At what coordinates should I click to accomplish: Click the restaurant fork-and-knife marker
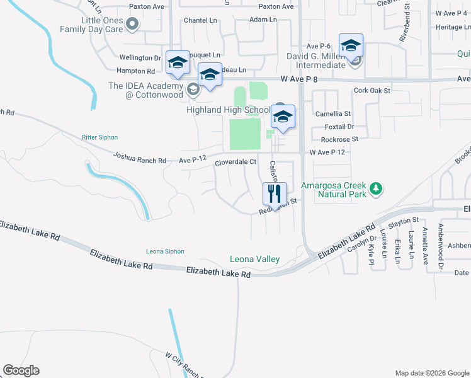(274, 193)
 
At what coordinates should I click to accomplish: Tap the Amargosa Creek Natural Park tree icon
(376, 188)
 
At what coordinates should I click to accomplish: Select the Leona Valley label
(254, 259)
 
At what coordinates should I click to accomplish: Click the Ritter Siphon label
(99, 137)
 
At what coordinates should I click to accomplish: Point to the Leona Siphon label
(165, 251)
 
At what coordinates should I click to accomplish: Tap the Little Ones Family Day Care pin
(132, 25)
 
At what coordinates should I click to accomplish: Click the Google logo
(21, 370)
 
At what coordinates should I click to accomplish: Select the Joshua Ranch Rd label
(139, 157)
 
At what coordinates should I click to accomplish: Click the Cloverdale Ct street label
(235, 162)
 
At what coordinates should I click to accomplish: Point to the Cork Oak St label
(372, 91)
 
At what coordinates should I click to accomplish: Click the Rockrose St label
(339, 139)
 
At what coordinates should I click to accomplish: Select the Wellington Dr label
(136, 58)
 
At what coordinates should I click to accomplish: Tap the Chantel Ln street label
(200, 20)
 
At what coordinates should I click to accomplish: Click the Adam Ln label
(263, 20)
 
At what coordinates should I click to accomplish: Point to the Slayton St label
(404, 220)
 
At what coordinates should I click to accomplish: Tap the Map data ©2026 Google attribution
(431, 373)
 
